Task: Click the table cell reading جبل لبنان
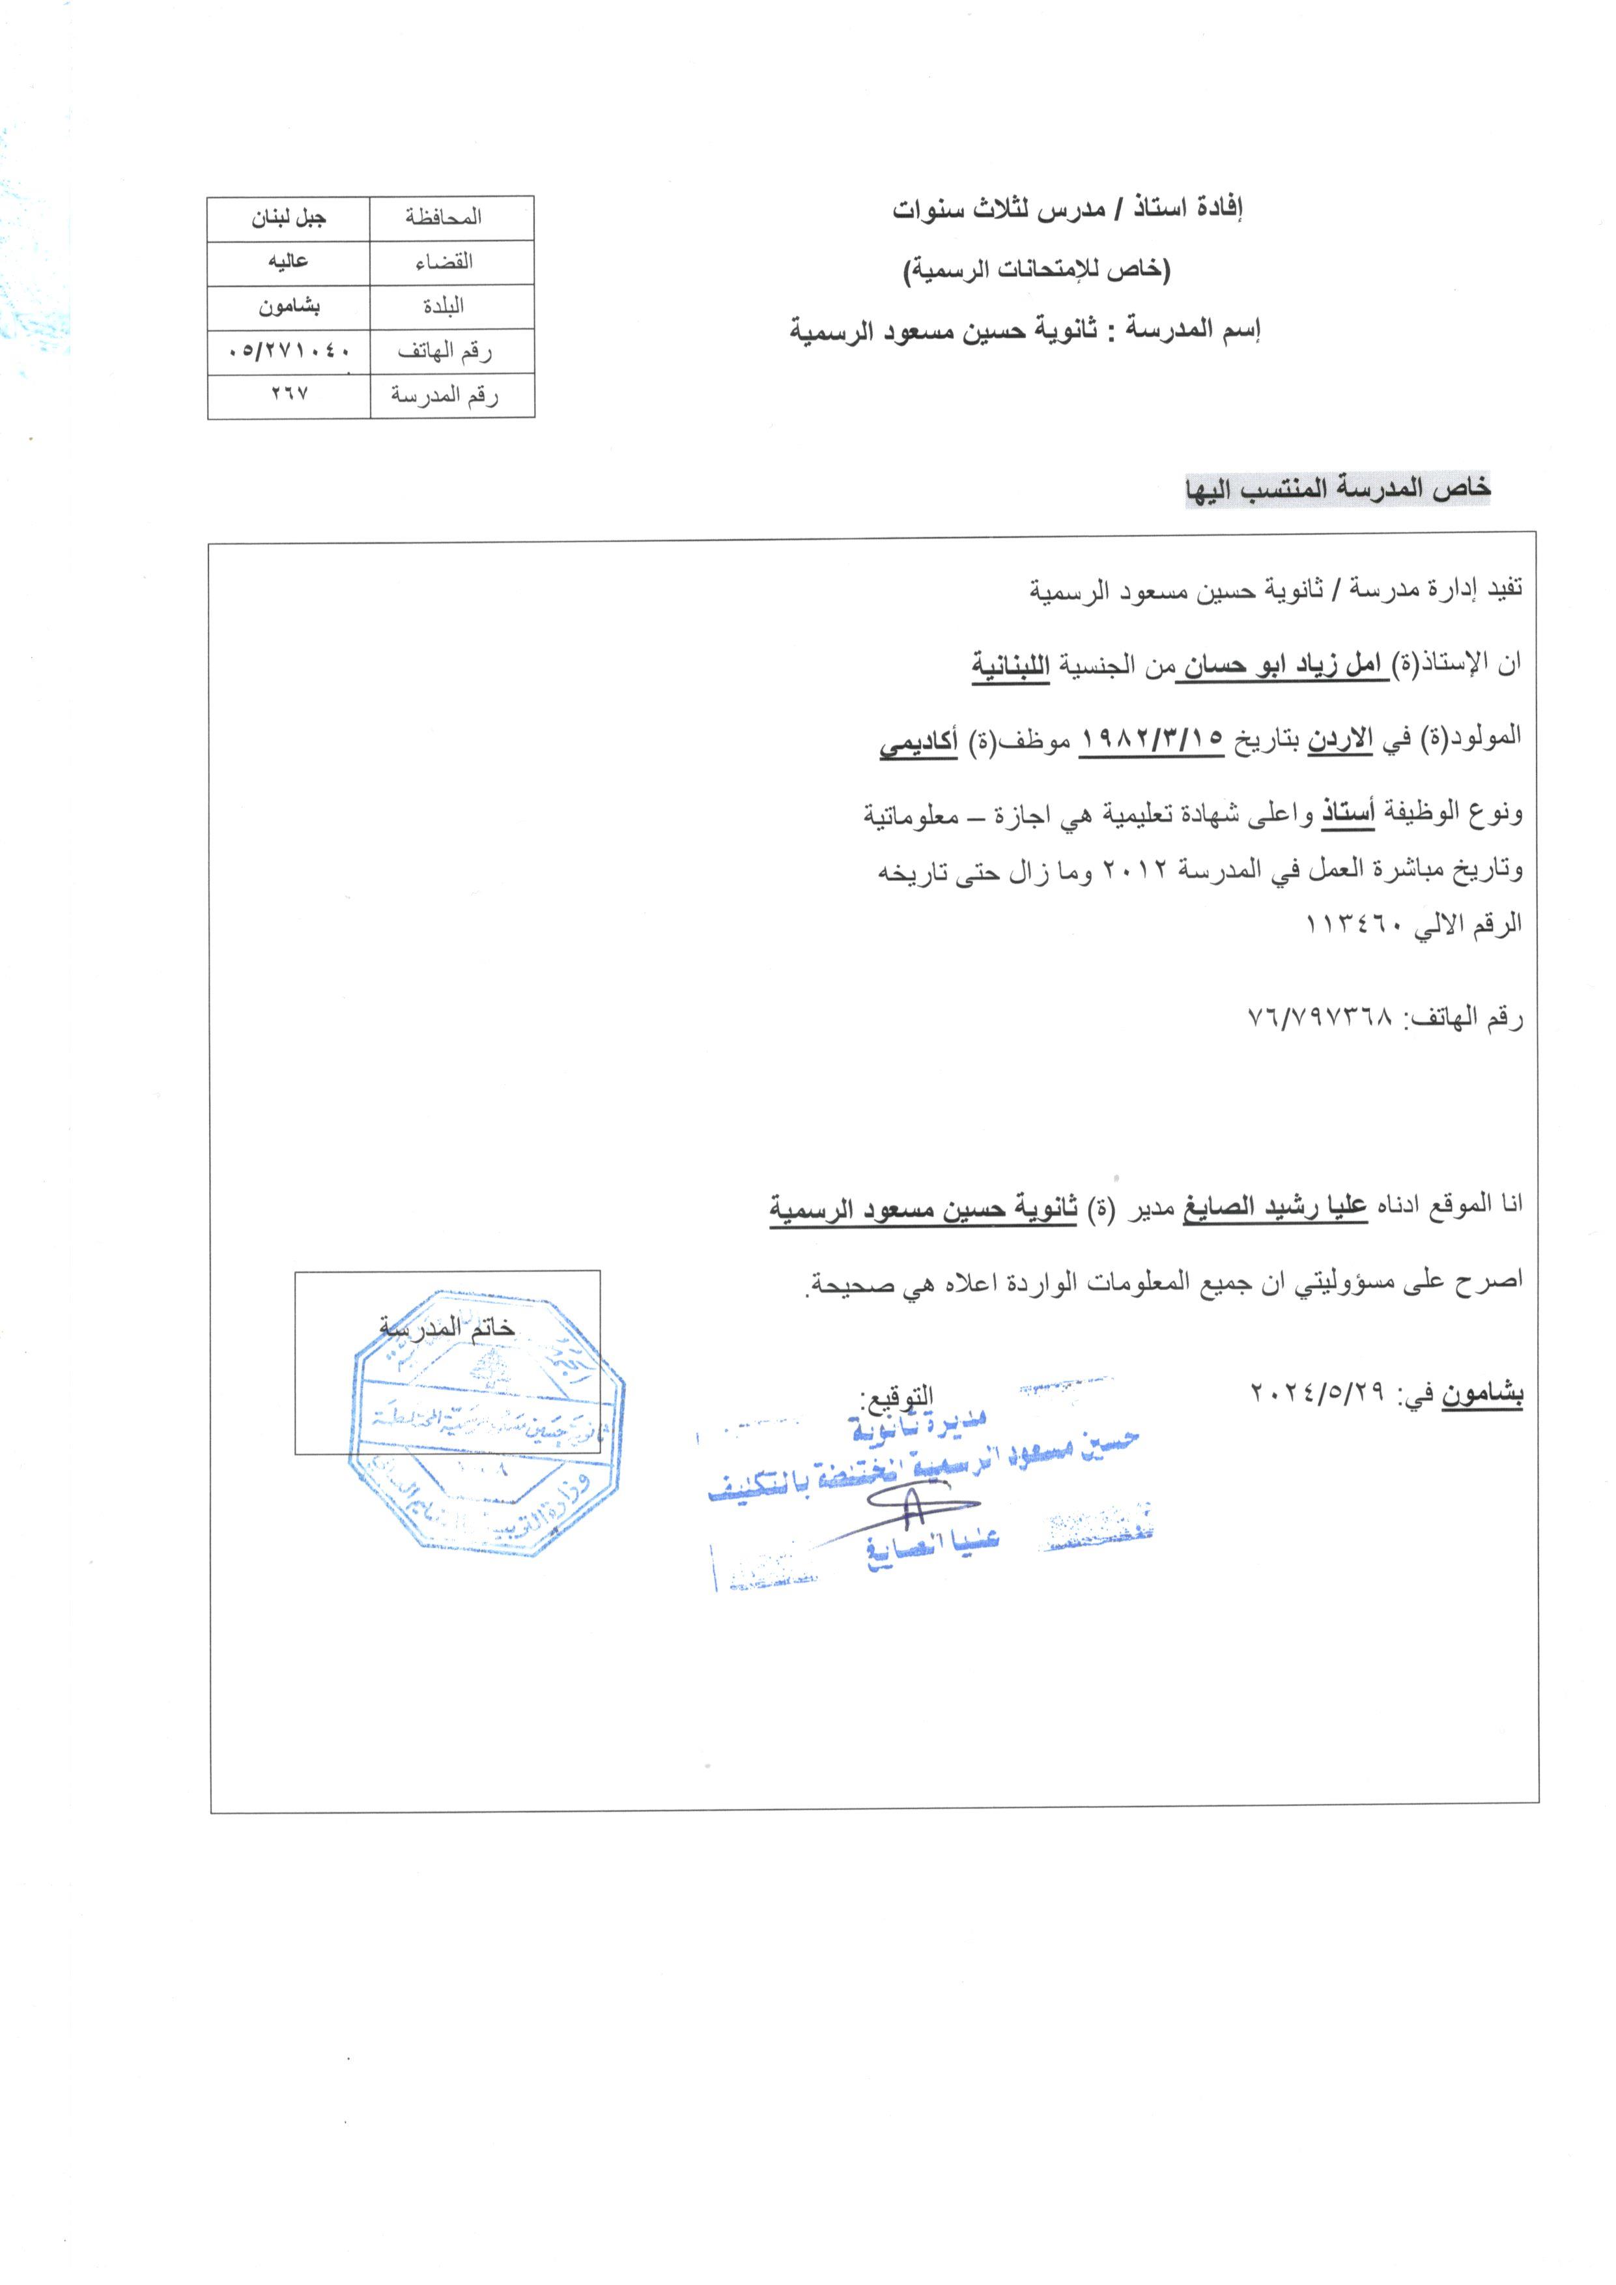pyautogui.click(x=289, y=218)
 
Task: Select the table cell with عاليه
pyautogui.click(x=289, y=263)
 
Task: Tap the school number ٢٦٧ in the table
pyautogui.click(x=289, y=394)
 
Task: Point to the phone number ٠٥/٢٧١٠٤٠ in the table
pyautogui.click(x=289, y=351)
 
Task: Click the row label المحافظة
pyautogui.click(x=444, y=217)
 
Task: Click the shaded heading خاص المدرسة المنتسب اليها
pyautogui.click(x=1337, y=489)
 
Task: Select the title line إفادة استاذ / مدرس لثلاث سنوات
pyautogui.click(x=1067, y=210)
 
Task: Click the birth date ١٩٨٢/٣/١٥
pyautogui.click(x=1152, y=740)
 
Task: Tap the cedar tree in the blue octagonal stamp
pyautogui.click(x=487, y=1372)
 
